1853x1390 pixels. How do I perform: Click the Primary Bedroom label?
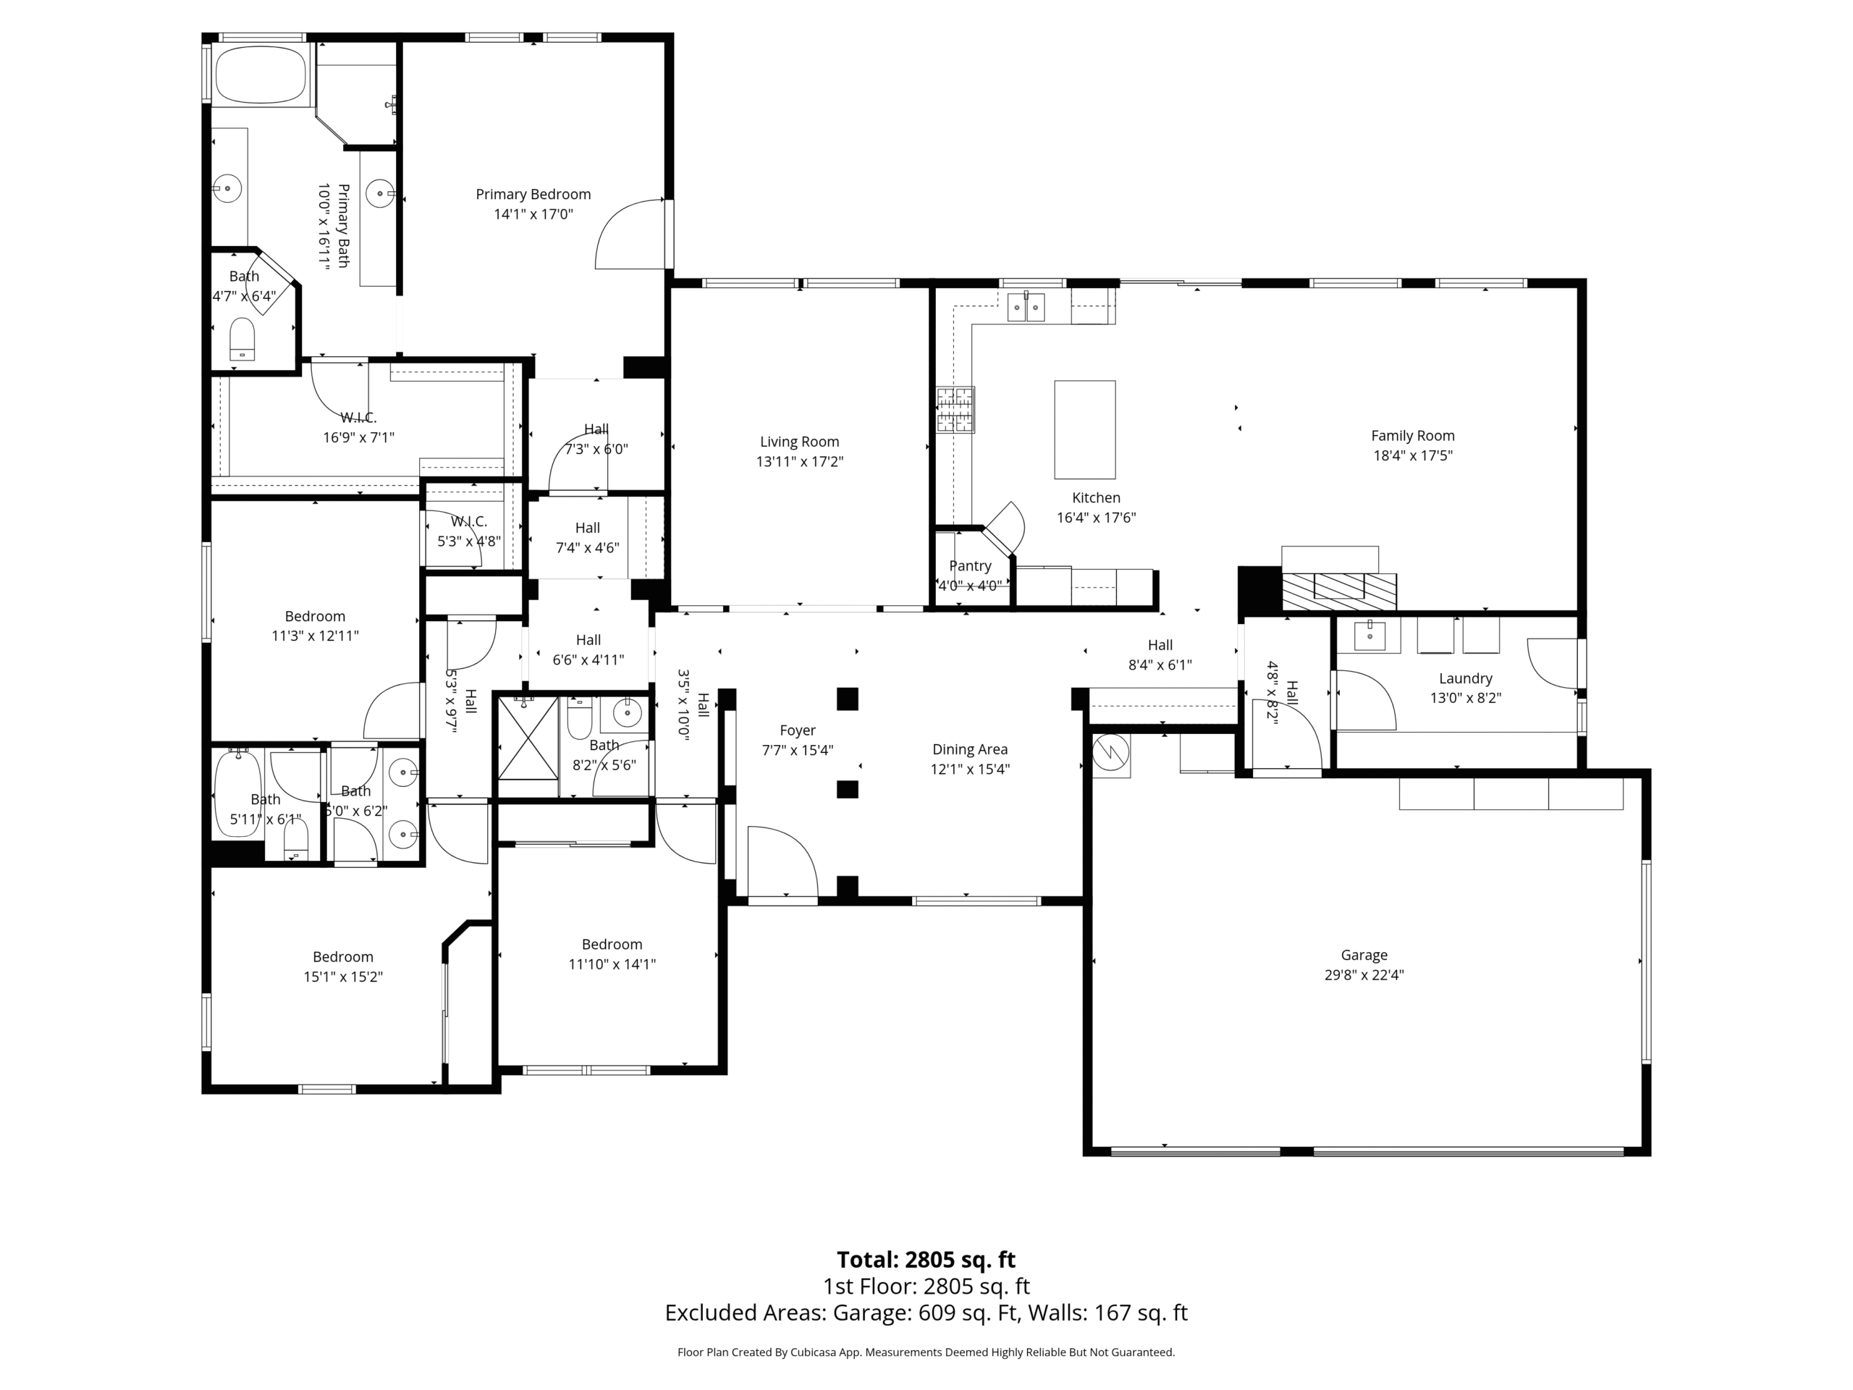533,194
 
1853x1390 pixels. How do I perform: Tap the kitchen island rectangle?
1084,429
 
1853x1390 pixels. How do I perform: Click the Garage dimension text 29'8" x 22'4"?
1364,974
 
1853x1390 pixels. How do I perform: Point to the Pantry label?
970,566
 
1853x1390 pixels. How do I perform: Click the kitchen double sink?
1026,307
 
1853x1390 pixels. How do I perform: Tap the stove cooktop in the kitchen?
955,410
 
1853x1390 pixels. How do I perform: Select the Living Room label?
799,442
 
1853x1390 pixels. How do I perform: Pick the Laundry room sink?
1370,636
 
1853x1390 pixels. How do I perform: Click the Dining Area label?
970,750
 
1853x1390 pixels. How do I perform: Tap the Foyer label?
798,730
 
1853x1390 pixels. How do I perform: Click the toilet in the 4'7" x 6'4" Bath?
242,339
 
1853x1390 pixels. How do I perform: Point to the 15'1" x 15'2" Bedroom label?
342,957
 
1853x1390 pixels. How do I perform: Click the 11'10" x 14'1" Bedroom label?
612,944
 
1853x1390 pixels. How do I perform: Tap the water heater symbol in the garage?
1112,753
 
